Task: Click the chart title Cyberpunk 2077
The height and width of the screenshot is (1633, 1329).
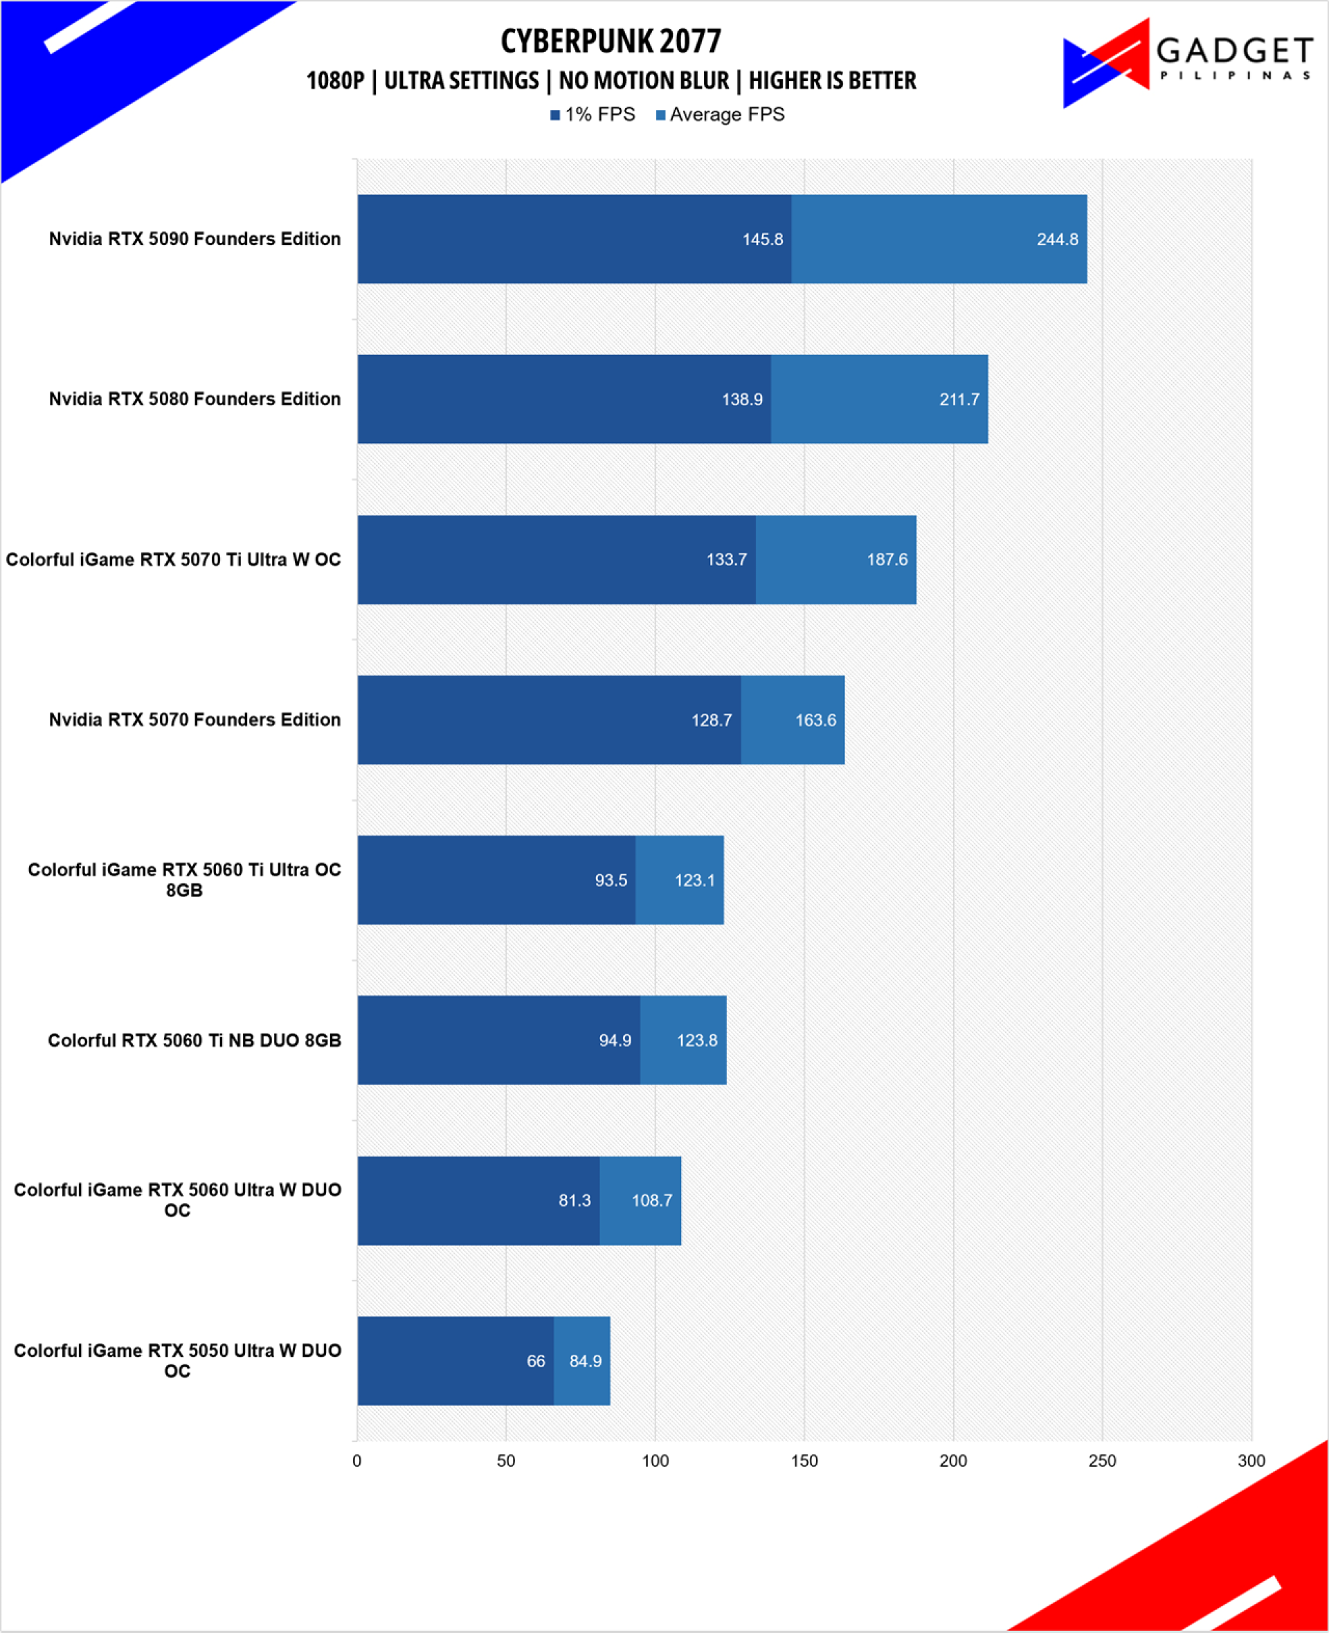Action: pos(611,42)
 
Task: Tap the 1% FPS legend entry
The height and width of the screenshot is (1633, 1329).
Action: pos(593,115)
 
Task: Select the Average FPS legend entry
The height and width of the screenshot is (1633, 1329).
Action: pos(721,115)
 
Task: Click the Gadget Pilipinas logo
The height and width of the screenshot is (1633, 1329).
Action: pos(1188,63)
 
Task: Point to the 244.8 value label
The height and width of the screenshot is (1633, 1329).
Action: pos(1057,240)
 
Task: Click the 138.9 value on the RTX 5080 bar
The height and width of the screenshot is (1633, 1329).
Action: pos(742,399)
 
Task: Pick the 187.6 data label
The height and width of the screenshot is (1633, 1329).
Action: pos(887,559)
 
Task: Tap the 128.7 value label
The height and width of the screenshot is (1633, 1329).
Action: pos(711,721)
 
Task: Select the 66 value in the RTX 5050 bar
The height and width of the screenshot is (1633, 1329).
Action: pos(536,1361)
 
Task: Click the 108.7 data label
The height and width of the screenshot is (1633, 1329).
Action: pos(651,1200)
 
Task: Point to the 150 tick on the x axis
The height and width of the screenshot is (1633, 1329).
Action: pos(804,1461)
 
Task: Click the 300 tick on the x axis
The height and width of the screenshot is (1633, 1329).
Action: pos(1251,1461)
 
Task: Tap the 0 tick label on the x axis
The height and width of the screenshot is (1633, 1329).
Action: pos(356,1461)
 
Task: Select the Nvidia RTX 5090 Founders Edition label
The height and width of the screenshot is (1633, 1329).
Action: pos(195,239)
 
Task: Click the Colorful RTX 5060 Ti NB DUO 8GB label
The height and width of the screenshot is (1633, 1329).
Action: pos(195,1040)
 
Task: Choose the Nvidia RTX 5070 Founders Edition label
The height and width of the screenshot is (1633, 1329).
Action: pos(195,720)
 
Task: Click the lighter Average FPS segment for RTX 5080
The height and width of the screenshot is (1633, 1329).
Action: pos(880,399)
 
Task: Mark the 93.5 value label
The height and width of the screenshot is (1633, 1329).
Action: pos(611,881)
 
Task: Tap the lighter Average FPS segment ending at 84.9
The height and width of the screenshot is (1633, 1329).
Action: pos(582,1360)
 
